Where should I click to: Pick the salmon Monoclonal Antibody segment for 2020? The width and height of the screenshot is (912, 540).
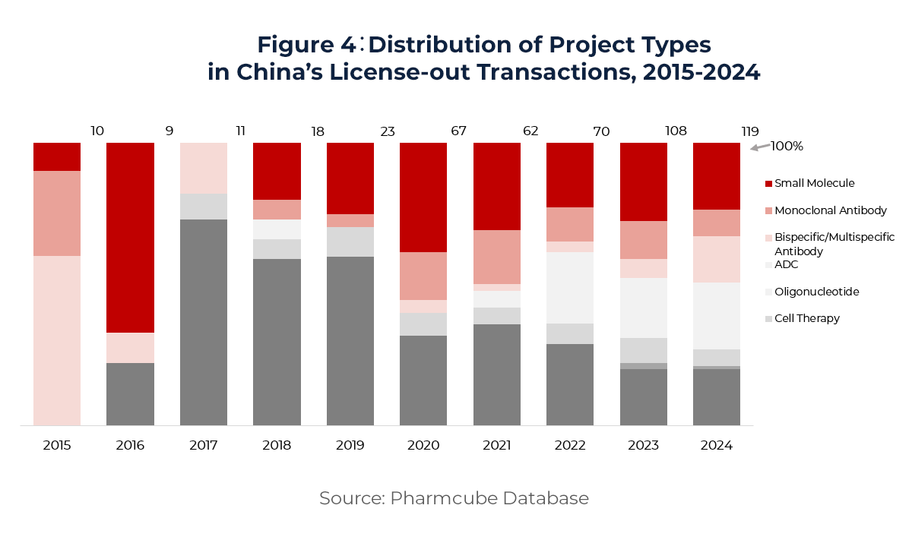click(423, 276)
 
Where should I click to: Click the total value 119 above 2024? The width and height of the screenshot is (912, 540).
click(750, 131)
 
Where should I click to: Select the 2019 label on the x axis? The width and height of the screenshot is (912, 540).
click(350, 446)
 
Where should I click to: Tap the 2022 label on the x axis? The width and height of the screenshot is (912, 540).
click(570, 446)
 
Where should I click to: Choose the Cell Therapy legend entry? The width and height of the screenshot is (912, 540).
click(806, 318)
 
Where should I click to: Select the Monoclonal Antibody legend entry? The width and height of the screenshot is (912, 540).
click(830, 210)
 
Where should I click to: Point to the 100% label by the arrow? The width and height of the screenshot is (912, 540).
click(787, 146)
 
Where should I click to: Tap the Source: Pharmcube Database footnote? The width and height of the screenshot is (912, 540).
click(454, 498)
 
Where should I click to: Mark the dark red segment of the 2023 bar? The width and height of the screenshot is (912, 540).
click(644, 182)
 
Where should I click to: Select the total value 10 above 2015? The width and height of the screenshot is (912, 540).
click(97, 131)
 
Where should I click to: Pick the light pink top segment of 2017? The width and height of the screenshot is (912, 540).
click(204, 168)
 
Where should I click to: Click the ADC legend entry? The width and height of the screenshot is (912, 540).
click(786, 264)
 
